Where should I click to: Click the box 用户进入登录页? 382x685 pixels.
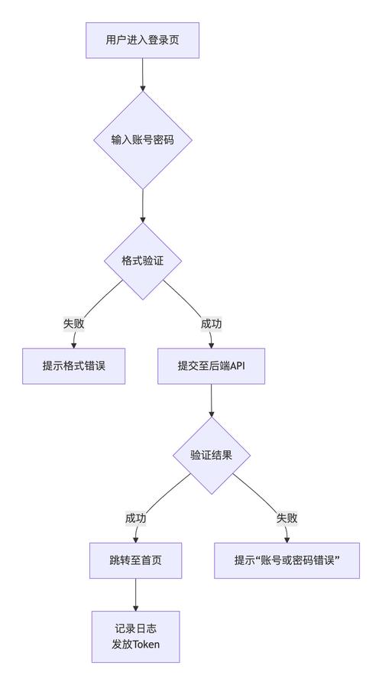(142, 40)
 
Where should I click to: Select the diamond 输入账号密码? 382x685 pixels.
(142, 140)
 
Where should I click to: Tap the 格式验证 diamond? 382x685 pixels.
(142, 261)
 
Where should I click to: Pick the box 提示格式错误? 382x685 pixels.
(73, 366)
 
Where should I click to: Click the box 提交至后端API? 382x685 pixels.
(211, 366)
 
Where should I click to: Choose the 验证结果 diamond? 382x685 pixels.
(211, 455)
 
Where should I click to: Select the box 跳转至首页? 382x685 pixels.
(135, 560)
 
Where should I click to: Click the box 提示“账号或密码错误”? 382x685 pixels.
(286, 560)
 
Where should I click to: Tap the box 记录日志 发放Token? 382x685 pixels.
(135, 635)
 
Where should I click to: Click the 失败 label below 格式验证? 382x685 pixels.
(73, 323)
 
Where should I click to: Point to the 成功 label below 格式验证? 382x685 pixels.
(211, 323)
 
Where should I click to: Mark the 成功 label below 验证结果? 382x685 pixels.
(135, 518)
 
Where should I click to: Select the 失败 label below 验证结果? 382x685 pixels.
(286, 518)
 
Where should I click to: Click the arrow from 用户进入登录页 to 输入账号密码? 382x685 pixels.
(142, 74)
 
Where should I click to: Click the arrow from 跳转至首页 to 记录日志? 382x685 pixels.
(135, 594)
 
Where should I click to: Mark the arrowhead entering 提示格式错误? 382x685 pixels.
(73, 345)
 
